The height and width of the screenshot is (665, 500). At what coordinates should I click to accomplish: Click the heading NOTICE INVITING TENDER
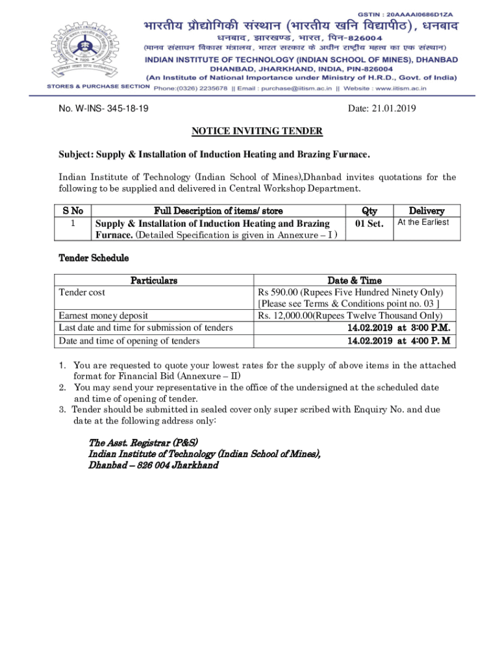coord(256,131)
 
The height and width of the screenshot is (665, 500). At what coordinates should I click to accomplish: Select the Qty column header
coord(369,210)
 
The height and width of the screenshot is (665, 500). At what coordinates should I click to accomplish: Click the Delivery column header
coord(426,210)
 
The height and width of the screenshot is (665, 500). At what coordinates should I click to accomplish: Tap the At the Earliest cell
coord(423,222)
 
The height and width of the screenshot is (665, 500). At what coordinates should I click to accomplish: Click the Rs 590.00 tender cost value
coord(350,292)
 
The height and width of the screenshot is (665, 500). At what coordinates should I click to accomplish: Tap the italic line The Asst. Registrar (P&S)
coord(138,442)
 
